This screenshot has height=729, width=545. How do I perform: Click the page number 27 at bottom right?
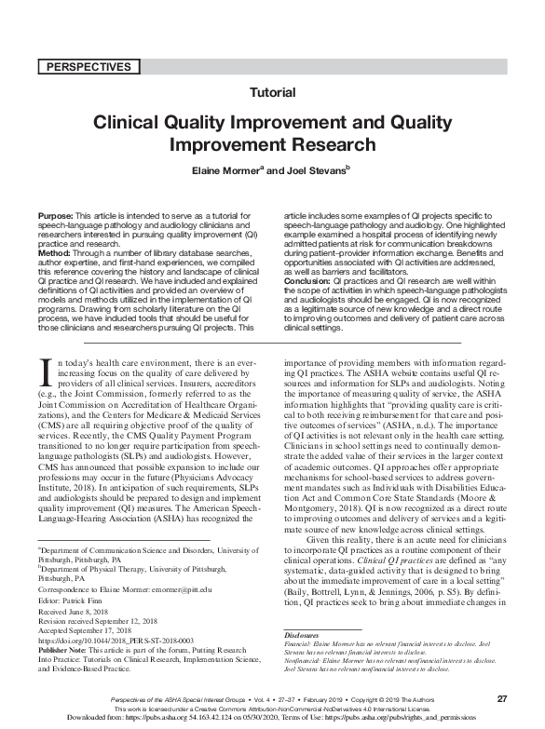501,697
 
